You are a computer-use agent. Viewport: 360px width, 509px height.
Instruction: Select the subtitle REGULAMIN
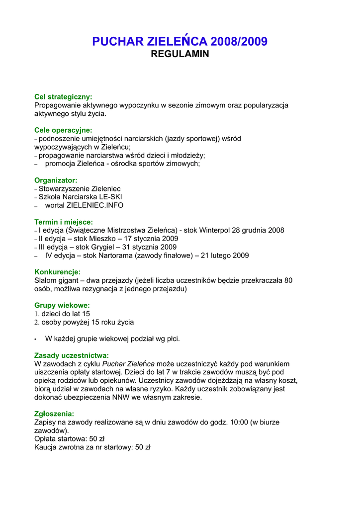[x=180, y=54]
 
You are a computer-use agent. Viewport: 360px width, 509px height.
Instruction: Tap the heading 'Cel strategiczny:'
[x=63, y=97]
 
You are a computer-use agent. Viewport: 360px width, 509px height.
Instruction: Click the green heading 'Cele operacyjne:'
[x=63, y=130]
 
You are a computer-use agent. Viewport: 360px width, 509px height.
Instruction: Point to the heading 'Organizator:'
[x=56, y=180]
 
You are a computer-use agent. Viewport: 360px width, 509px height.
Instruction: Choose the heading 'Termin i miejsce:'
[x=64, y=222]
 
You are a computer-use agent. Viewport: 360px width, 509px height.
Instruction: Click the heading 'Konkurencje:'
[x=57, y=272]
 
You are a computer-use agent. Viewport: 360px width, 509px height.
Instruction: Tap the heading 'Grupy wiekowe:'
[x=62, y=305]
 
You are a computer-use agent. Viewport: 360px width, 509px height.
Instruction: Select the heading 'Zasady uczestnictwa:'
[x=71, y=355]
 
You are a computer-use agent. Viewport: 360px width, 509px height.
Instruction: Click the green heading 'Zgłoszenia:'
[x=54, y=414]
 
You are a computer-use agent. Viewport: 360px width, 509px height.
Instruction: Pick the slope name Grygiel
[x=104, y=247]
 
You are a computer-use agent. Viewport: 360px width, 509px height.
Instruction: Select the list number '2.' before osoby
[x=37, y=322]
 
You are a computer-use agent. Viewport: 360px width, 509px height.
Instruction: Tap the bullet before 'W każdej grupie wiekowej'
[x=36, y=339]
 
